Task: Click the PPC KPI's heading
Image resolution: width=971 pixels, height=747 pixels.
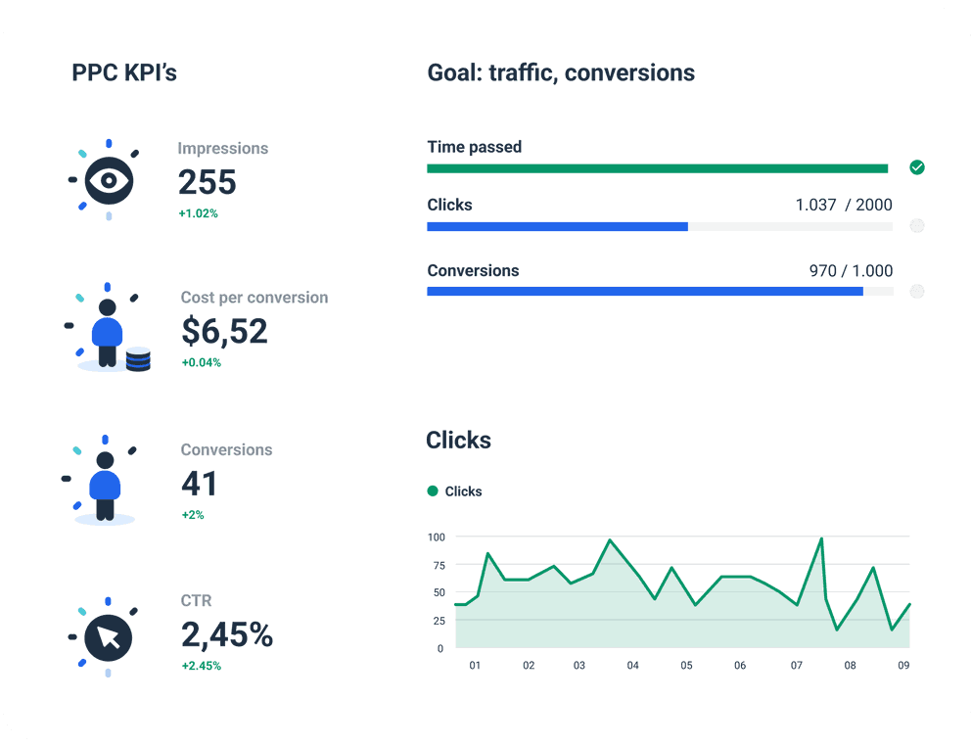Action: click(x=124, y=72)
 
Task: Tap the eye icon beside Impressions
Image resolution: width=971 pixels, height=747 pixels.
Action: click(x=109, y=180)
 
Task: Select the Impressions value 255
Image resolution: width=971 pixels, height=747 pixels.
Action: click(x=207, y=182)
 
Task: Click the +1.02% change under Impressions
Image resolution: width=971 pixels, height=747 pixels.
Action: click(x=198, y=213)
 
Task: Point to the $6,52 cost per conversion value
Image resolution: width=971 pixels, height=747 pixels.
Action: click(x=224, y=331)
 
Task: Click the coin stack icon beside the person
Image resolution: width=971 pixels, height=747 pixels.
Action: click(x=138, y=359)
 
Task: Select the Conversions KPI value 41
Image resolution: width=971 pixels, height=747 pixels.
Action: click(x=200, y=484)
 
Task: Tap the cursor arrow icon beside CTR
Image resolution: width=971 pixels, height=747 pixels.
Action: click(x=109, y=637)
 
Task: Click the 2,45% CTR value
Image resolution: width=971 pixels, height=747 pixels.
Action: click(x=227, y=635)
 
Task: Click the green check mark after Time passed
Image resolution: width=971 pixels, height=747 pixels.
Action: click(x=916, y=167)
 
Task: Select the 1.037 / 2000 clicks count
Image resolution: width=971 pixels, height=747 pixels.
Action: click(x=844, y=205)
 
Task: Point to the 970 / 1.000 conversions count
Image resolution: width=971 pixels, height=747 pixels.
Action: click(x=851, y=270)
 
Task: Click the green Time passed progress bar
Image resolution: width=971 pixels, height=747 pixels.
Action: click(x=657, y=168)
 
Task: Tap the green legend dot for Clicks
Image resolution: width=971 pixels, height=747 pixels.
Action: click(x=433, y=491)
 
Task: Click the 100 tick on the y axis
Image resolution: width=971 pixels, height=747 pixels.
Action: click(x=436, y=537)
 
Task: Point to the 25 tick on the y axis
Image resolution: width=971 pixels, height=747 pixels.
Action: click(x=438, y=621)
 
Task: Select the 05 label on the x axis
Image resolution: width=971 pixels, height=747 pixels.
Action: click(x=686, y=666)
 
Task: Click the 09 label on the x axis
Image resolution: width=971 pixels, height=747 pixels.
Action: click(x=903, y=666)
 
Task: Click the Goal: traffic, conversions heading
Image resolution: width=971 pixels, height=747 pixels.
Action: click(x=561, y=72)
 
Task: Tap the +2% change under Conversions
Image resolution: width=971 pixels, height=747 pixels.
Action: click(x=192, y=515)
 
